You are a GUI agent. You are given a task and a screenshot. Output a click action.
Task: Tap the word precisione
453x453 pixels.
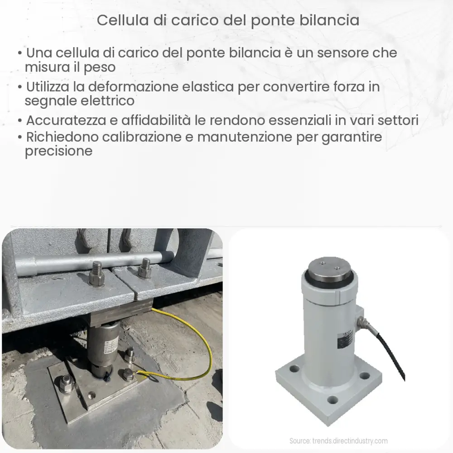[59, 151]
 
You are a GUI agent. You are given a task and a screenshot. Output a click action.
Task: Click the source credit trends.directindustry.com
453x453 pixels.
[338, 441]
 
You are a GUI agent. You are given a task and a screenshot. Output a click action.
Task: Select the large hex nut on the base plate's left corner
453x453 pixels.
[67, 384]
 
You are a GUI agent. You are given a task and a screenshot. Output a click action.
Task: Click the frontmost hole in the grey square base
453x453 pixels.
[334, 400]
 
